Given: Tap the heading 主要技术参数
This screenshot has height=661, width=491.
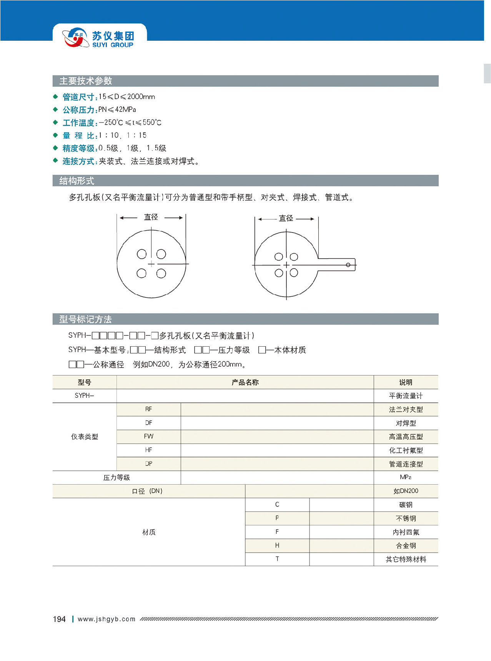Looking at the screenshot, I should [x=85, y=81].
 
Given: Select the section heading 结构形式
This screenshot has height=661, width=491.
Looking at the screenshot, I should [x=77, y=181].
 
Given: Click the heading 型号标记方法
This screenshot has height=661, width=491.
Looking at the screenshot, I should [x=85, y=319].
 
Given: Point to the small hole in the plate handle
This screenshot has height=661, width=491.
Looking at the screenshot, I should [x=348, y=265].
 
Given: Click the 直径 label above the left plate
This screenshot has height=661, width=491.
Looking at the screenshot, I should [x=151, y=217].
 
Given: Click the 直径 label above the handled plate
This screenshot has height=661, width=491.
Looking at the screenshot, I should [x=286, y=218].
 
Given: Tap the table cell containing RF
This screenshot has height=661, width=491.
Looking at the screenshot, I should [x=148, y=409].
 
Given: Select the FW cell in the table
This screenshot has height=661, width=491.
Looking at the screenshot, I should [x=148, y=437].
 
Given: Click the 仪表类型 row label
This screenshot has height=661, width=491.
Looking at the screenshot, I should [x=85, y=437].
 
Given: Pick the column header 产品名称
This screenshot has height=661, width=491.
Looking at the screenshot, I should [x=245, y=382].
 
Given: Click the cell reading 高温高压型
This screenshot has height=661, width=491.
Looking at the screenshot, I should [x=406, y=437].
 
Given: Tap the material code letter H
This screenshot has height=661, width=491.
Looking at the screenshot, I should [x=277, y=545].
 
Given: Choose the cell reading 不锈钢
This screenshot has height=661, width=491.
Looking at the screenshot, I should [x=406, y=518].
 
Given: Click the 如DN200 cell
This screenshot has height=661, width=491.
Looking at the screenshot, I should [x=406, y=491].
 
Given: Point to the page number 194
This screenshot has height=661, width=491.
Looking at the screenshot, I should [x=59, y=619].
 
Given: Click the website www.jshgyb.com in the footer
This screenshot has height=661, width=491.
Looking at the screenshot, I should [x=107, y=619].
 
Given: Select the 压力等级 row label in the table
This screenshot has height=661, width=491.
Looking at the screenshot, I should [x=117, y=477].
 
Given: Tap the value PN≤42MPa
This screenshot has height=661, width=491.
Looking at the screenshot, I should [x=117, y=110].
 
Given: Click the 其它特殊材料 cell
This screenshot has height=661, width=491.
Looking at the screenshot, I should [x=406, y=559].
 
